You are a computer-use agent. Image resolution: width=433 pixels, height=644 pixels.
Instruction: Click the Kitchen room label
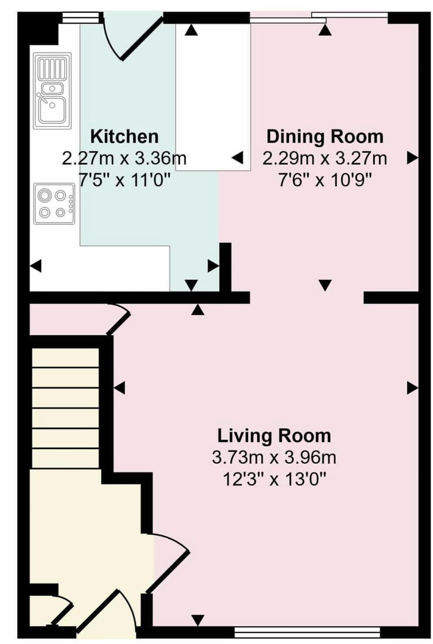[x=124, y=136]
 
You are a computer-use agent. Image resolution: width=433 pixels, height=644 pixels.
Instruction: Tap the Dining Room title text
[x=325, y=136]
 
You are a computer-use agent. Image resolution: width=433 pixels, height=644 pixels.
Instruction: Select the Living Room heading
[x=274, y=436]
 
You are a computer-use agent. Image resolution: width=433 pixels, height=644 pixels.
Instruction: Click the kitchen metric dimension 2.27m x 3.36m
[x=124, y=158]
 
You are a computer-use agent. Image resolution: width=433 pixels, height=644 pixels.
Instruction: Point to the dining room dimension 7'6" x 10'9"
[x=325, y=181]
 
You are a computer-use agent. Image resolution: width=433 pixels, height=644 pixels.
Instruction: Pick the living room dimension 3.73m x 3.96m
[x=274, y=458]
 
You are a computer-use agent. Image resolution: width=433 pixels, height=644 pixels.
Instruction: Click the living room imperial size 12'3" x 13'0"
[x=274, y=479]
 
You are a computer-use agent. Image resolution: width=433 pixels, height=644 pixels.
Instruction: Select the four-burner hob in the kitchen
[x=54, y=204]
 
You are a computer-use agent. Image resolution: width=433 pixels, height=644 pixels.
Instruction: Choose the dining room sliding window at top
[x=318, y=18]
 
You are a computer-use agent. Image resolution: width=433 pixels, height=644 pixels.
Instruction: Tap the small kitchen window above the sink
[x=80, y=18]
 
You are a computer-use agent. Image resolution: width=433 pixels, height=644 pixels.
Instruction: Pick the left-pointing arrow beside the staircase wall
[x=120, y=388]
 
